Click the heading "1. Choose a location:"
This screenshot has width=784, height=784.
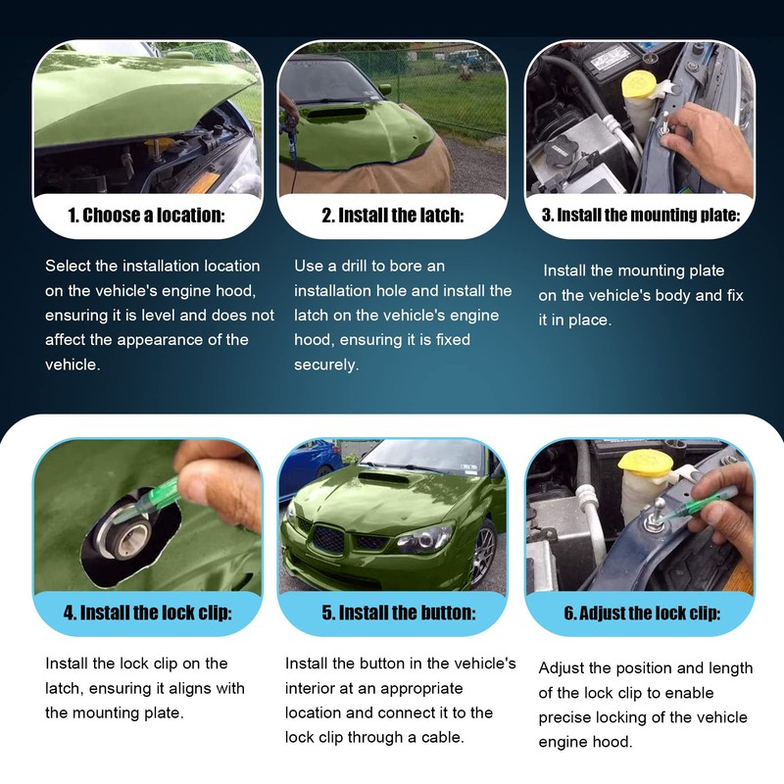click(x=146, y=216)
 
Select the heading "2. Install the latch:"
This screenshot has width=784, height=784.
click(x=393, y=216)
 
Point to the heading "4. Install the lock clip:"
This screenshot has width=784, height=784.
click(x=147, y=613)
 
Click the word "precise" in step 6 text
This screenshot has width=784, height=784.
click(x=566, y=716)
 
